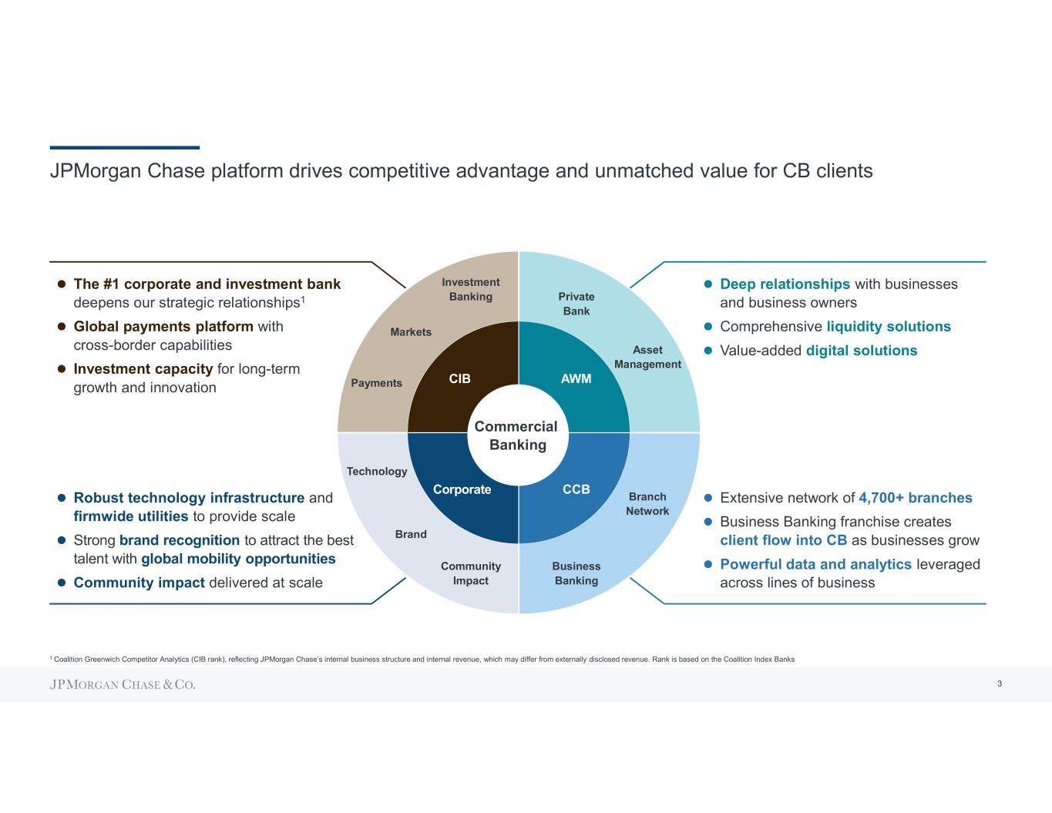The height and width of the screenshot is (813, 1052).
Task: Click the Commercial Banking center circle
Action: [x=517, y=435]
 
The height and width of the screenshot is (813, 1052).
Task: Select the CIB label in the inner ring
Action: [x=459, y=378]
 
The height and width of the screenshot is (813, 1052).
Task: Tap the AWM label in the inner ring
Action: [x=576, y=378]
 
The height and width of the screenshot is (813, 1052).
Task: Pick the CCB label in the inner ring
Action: [x=576, y=489]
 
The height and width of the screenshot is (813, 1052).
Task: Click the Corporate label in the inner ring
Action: [x=462, y=489]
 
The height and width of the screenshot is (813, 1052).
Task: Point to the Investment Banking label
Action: [x=470, y=289]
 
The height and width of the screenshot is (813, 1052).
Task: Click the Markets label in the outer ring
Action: [x=411, y=331]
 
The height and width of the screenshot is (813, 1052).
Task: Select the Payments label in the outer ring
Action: [x=376, y=383]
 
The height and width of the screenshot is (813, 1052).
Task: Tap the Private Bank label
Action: [x=576, y=304]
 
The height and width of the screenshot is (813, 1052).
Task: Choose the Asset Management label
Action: [x=647, y=357]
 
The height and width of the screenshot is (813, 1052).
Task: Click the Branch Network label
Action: [x=647, y=503]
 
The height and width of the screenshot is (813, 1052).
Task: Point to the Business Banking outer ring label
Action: [x=576, y=573]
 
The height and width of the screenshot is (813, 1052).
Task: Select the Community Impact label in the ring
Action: [x=470, y=573]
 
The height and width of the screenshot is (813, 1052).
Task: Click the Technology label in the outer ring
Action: [x=376, y=471]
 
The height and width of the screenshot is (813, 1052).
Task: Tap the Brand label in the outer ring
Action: [x=411, y=534]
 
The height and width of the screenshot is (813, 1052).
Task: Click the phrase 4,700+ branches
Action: [x=915, y=498]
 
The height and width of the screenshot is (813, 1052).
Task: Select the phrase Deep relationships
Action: [x=785, y=284]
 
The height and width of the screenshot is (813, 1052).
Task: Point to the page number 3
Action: [x=999, y=684]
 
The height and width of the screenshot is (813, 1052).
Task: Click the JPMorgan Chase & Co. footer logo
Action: [x=123, y=685]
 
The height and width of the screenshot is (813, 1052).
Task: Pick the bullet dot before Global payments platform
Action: [x=62, y=327]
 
